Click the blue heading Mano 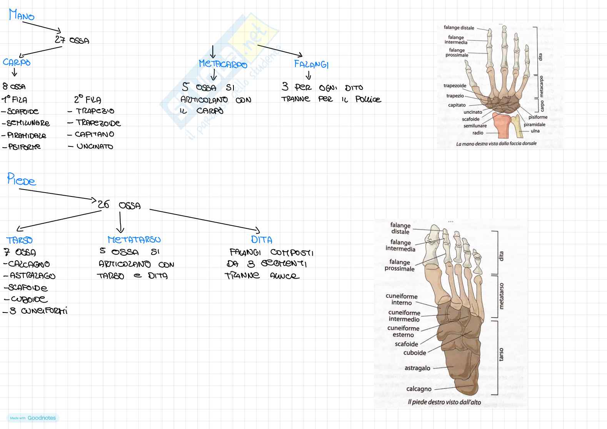coord(22,15)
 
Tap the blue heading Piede coord(22,179)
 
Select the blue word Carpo coord(17,62)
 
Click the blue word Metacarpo coord(223,64)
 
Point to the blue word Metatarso coord(134,240)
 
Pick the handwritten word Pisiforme coord(24,147)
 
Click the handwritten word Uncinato coord(95,146)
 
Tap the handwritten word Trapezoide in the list coord(98,123)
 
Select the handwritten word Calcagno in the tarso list coord(29,264)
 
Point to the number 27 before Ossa coord(60,40)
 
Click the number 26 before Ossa coord(103,205)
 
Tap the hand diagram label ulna coord(535,131)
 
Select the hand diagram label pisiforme coord(538,117)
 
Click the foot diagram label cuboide coord(415,353)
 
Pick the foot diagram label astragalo coord(417,368)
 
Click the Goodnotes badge coord(33,418)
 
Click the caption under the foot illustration coord(444,402)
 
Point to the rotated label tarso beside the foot coord(501,354)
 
